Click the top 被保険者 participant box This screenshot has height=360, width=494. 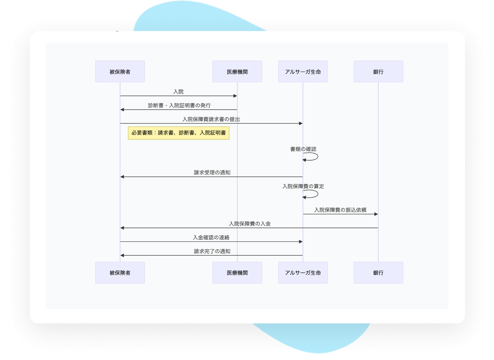point(120,71)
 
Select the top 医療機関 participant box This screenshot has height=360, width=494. point(237,71)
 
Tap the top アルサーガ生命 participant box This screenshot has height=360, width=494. point(303,71)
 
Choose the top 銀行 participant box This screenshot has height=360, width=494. point(378,71)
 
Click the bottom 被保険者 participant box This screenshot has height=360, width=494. point(120,272)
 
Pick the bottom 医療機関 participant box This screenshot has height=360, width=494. point(237,272)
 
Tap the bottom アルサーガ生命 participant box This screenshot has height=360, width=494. point(303,272)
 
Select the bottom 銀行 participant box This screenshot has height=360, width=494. point(378,272)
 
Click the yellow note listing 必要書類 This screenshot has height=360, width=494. point(178,133)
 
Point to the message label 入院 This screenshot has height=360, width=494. point(178,91)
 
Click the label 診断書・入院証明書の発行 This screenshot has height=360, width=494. point(179,105)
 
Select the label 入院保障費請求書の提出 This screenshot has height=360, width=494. point(211,119)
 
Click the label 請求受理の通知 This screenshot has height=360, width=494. point(212,172)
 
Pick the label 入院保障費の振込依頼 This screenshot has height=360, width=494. point(340,210)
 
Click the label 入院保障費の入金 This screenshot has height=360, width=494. point(250,224)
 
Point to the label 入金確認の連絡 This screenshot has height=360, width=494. point(211,238)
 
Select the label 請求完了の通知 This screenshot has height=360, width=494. point(212,251)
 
